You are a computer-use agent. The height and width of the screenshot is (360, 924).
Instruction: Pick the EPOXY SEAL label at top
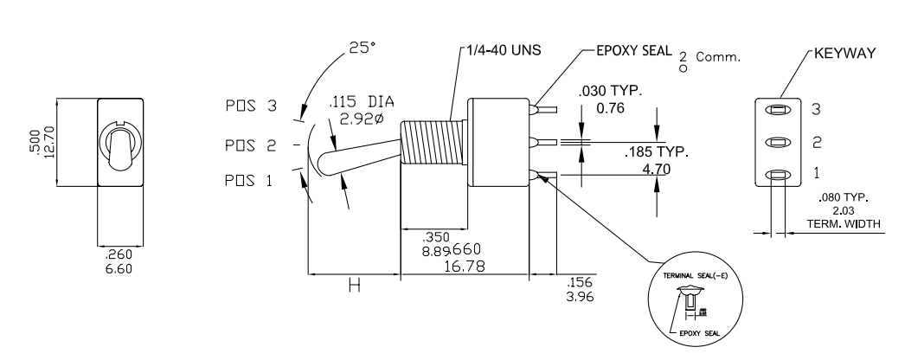633,50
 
